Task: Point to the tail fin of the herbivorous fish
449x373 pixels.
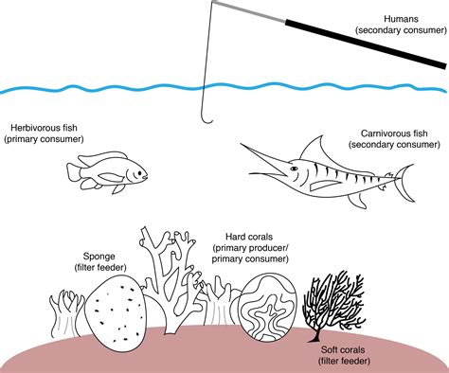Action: [x=74, y=170]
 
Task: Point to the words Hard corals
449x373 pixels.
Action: [x=249, y=236]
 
